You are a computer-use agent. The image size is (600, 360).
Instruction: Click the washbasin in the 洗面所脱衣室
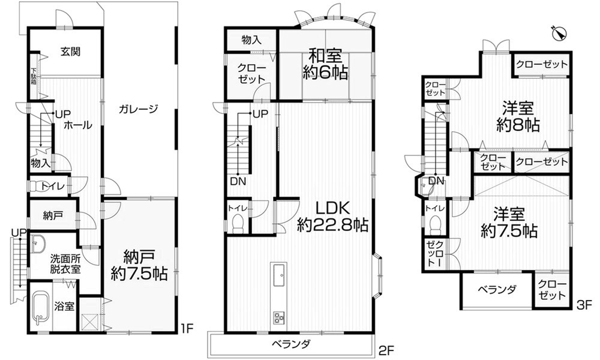(x=39, y=243)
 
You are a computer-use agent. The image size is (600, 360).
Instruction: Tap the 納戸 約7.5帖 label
(x=139, y=266)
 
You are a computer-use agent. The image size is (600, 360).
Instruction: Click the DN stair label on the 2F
(x=237, y=182)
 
